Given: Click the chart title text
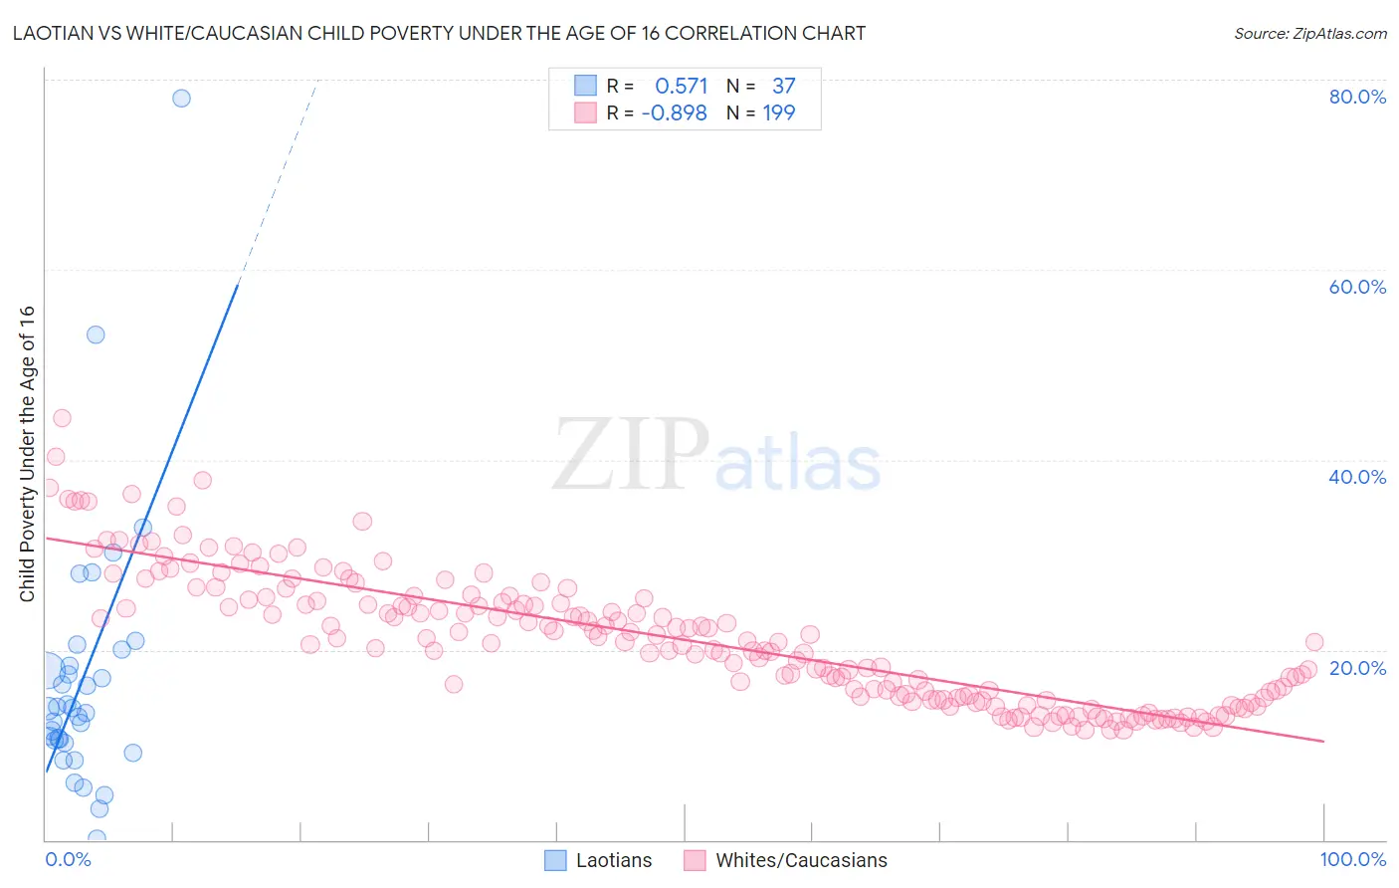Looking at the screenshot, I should pos(439,33).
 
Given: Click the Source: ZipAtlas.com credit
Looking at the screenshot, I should pos(1309,33).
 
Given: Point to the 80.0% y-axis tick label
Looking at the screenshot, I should pos(1357,97).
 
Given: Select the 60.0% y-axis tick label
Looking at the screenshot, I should pos(1357,287).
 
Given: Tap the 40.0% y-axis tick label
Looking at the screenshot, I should pos(1357,477).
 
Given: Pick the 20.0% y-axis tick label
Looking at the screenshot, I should pos(1357,668).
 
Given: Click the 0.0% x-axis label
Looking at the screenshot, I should pos(68,859).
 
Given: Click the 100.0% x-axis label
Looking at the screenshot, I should pos(1352,859).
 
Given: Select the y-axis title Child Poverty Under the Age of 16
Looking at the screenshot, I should pos(28,453).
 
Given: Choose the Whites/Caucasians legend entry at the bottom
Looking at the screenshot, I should pos(786,860).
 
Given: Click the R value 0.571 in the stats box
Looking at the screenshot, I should pos(681,87).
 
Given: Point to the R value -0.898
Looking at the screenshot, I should pos(674,113).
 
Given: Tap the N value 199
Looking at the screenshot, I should pos(779,113).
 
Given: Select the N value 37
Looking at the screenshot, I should pos(784,87).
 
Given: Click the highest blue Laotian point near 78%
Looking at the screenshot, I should pos(181,98).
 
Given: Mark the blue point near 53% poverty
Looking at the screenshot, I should pos(96,334).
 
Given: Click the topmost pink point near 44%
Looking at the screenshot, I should pos(62,418).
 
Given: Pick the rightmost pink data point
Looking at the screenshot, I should pos(1314,642).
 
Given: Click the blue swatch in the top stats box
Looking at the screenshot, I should pos(585,86).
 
